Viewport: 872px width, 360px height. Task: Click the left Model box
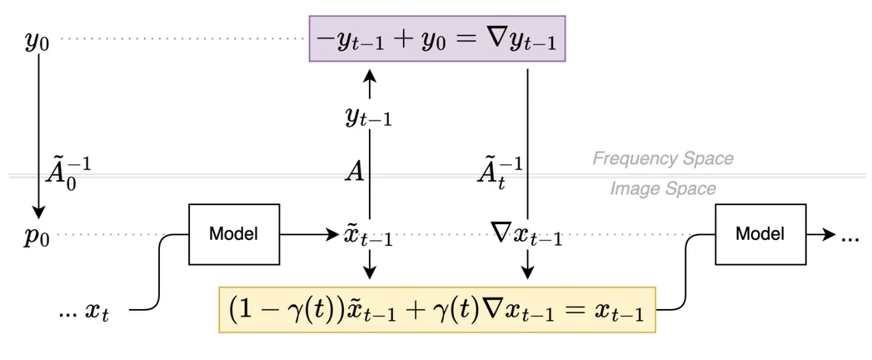click(233, 234)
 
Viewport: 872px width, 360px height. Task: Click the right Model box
click(760, 234)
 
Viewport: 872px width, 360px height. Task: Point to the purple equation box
click(437, 39)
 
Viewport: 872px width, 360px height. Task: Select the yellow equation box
click(437, 310)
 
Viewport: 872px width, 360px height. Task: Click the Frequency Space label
click(663, 158)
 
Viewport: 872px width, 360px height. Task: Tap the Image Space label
click(663, 189)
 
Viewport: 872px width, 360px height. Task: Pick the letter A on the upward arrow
click(356, 173)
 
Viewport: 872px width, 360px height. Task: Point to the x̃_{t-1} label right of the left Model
click(368, 236)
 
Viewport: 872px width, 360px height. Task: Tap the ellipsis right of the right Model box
click(850, 237)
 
